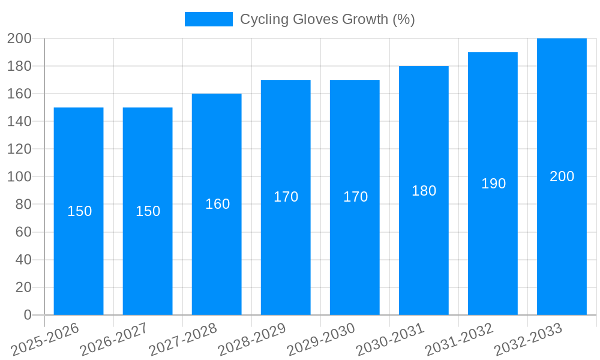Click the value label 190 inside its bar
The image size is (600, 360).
[493, 184]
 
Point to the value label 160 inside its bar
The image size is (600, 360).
[217, 204]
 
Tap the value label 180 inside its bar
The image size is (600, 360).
[424, 191]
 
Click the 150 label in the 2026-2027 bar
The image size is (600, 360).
[148, 211]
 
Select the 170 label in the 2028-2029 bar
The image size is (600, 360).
[286, 197]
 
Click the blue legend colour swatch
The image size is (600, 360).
[208, 19]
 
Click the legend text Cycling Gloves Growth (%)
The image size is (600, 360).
[327, 19]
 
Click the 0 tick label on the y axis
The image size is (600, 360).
[27, 315]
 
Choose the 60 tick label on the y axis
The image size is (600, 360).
[23, 232]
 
